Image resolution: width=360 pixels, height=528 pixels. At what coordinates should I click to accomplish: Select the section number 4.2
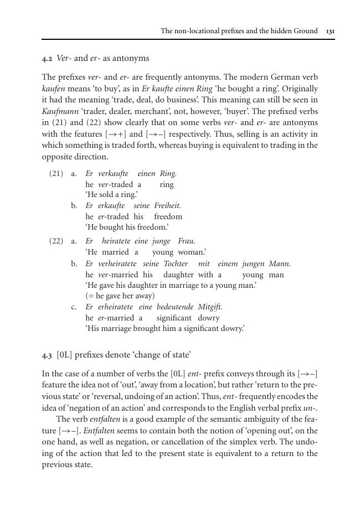click(x=47, y=58)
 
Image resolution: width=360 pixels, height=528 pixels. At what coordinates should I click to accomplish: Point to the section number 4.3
click(x=47, y=354)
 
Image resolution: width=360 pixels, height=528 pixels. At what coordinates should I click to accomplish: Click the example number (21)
click(x=56, y=173)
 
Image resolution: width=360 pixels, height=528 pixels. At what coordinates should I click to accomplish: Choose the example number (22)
click(x=56, y=241)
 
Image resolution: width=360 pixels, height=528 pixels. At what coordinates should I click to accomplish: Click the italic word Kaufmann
click(x=58, y=111)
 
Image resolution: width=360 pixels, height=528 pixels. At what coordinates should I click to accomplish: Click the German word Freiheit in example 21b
click(x=167, y=205)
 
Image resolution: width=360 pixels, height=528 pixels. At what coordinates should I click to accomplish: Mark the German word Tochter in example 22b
click(x=176, y=264)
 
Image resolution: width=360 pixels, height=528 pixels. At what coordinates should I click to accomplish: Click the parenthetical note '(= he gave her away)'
click(x=120, y=296)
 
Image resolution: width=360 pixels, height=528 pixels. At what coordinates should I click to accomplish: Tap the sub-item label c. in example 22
click(x=74, y=307)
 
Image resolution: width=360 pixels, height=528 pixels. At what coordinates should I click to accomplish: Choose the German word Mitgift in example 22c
click(x=210, y=307)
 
